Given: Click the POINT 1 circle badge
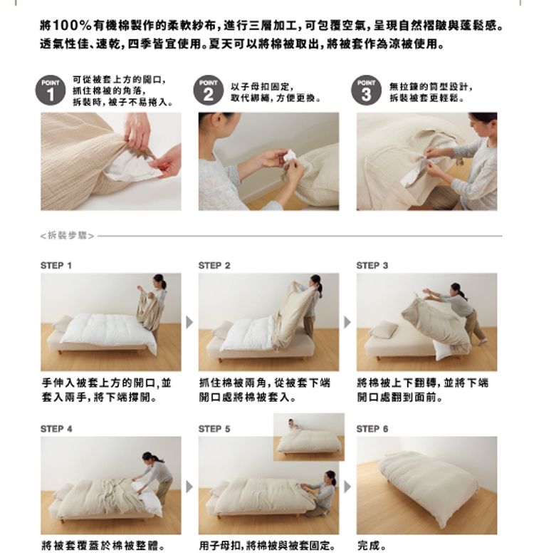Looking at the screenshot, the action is click(x=51, y=90).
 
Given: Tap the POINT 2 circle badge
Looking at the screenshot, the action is click(x=209, y=90).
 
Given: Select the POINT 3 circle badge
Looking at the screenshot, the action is click(x=366, y=90).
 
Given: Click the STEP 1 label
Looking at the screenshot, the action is click(x=56, y=265).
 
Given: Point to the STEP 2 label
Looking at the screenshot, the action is click(x=214, y=265).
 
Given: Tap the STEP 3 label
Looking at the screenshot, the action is click(x=372, y=265).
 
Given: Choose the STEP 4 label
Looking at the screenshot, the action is click(x=56, y=429).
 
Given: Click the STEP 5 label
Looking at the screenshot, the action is click(x=214, y=429).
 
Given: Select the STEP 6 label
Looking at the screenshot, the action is click(x=372, y=429).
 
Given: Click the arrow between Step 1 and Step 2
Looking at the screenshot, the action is click(x=189, y=322).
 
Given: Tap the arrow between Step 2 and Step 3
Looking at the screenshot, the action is click(x=347, y=322).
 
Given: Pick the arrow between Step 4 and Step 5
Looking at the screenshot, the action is click(x=189, y=487).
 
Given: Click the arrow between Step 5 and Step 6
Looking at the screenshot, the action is click(x=347, y=487).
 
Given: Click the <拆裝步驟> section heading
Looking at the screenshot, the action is click(x=67, y=236).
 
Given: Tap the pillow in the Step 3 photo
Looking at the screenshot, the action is click(x=384, y=329).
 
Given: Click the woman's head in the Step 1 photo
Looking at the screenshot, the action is click(x=159, y=281).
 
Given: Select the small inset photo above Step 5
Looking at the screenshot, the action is click(x=309, y=437).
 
